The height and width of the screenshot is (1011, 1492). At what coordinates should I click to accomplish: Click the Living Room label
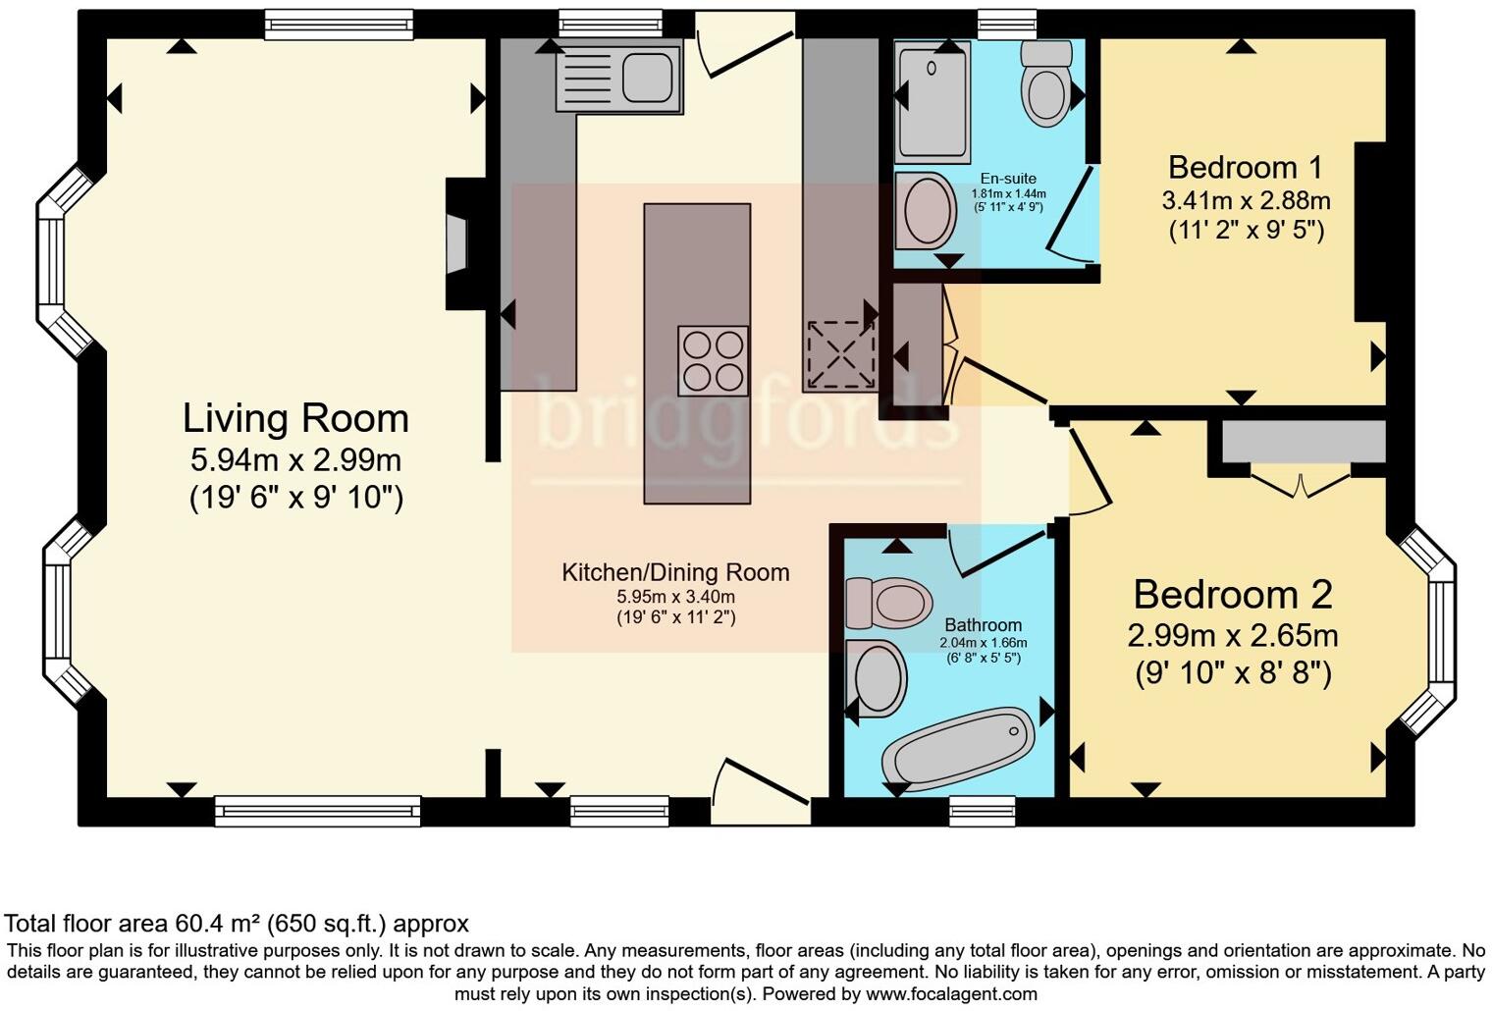295,418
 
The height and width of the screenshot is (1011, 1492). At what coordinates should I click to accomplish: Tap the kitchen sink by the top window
618,77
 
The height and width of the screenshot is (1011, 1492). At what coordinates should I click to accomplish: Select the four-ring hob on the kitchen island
713,360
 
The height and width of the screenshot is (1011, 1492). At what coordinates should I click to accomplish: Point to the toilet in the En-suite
1044,86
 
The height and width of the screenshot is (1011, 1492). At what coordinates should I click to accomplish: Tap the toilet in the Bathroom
889,602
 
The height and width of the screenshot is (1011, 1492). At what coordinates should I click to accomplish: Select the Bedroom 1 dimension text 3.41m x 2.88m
1246,201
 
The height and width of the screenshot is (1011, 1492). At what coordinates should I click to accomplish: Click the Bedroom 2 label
1233,595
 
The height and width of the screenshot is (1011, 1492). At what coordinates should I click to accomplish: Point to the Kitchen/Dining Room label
675,572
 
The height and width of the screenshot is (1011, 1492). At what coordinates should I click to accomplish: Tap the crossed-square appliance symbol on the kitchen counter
840,353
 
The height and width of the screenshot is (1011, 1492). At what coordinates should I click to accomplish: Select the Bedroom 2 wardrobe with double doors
1303,444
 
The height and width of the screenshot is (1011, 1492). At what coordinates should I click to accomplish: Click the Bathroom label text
983,625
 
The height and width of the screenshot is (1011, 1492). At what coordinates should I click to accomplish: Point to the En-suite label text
1008,179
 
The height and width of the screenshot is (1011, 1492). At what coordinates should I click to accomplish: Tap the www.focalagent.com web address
951,993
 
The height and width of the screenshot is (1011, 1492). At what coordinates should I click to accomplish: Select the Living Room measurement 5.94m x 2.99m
295,459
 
